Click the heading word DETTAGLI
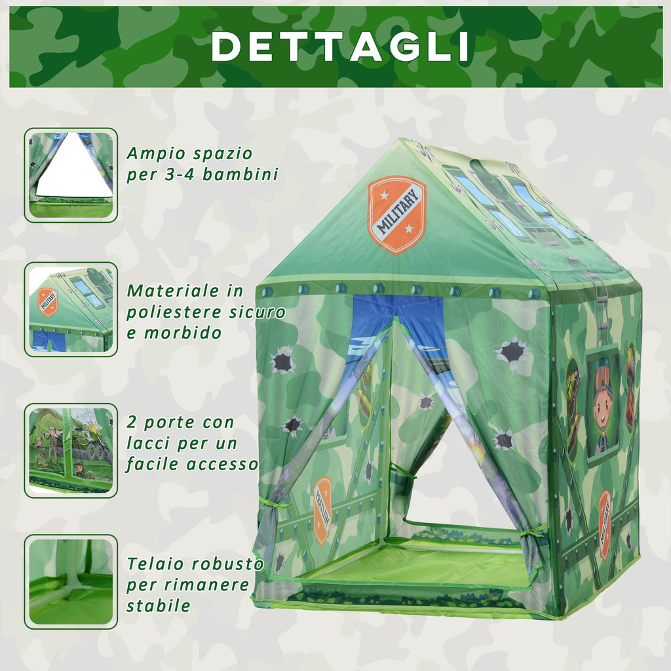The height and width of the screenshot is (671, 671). point(341,47)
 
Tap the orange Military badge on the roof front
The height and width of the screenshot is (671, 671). point(396,214)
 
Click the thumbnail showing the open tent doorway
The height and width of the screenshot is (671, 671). point(71,175)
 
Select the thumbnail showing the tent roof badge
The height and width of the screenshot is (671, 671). point(71,309)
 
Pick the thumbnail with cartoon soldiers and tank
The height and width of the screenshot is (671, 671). point(71,450)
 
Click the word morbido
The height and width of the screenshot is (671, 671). point(183,332)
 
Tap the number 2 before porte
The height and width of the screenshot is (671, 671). point(131,423)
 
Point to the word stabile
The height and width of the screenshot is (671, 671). point(159,605)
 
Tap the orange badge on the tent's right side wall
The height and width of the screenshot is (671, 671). point(604,525)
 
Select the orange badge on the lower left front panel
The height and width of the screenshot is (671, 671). point(322,510)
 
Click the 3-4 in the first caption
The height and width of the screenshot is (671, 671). point(180,174)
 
